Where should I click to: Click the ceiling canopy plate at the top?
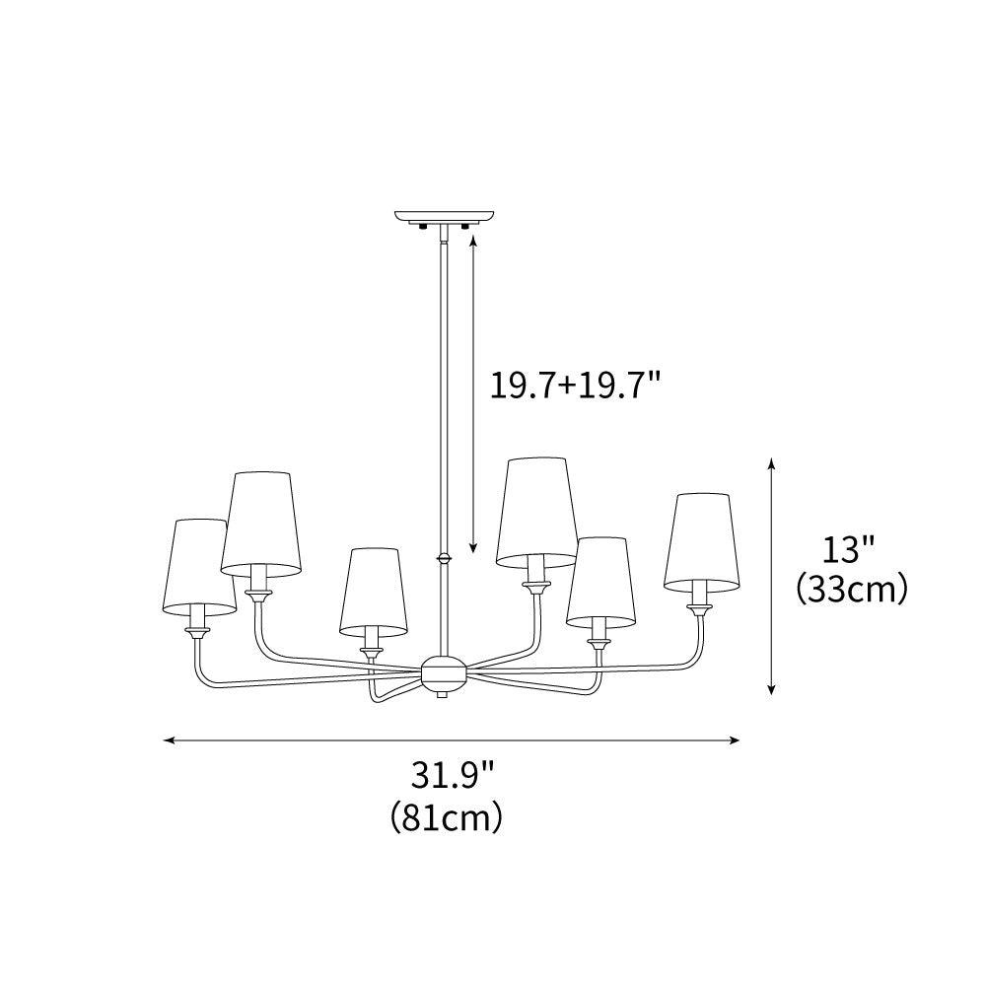click(444, 215)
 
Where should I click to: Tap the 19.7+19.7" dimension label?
click(575, 384)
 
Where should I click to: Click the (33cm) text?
click(851, 589)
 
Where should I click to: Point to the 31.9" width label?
click(452, 775)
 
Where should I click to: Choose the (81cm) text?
click(447, 817)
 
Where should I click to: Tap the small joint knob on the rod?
click(444, 558)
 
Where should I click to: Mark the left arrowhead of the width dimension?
click(169, 739)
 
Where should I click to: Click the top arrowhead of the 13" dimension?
click(772, 463)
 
